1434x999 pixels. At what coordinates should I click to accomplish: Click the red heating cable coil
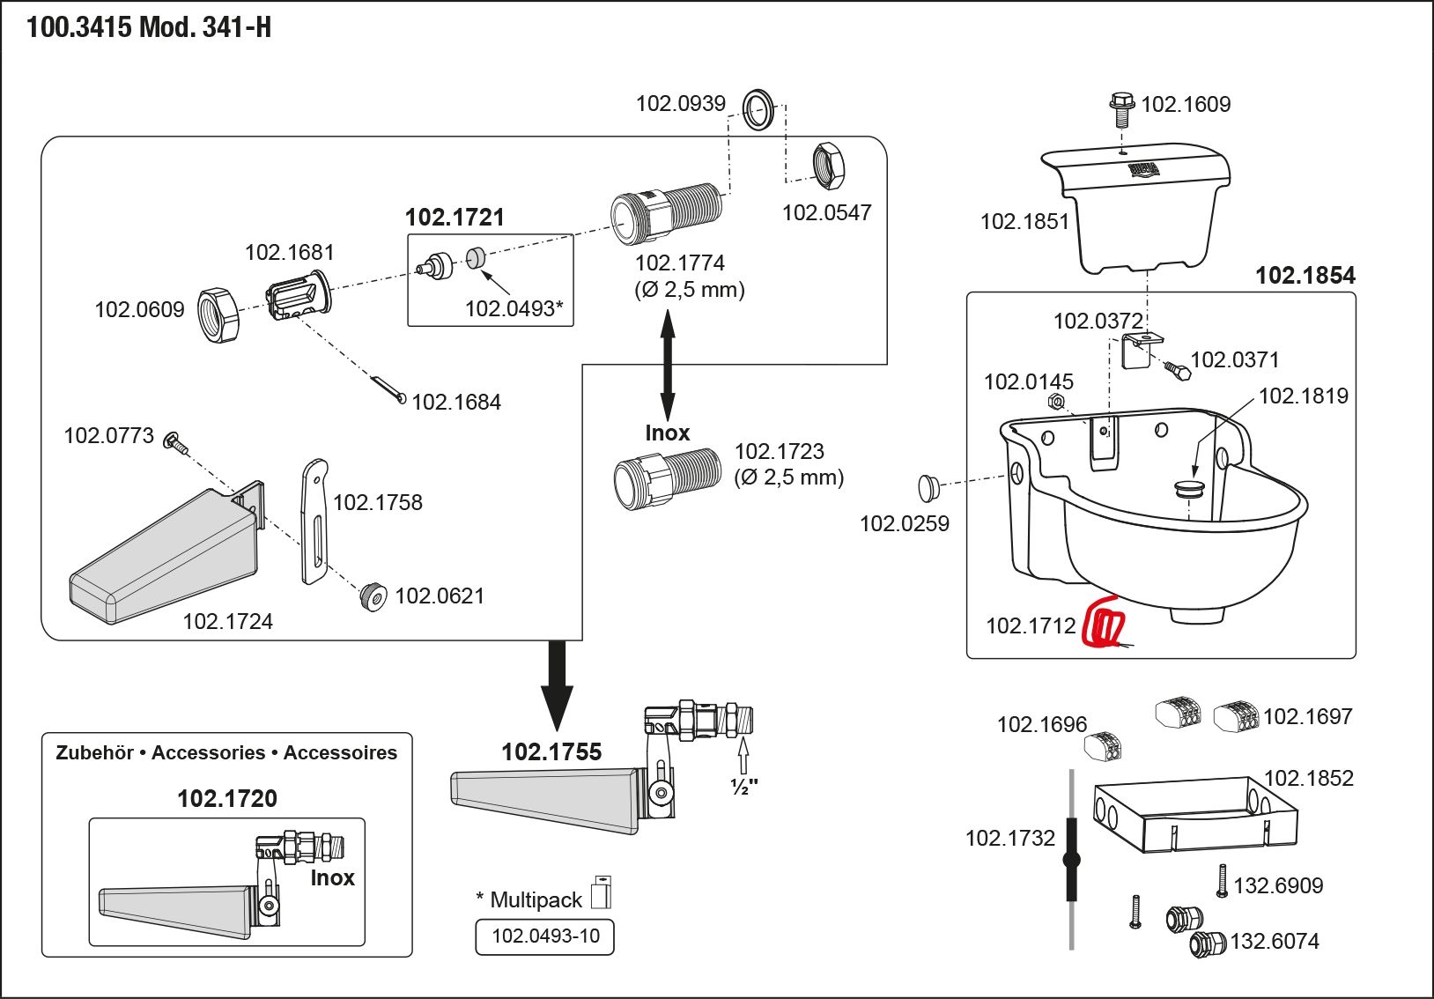click(x=1105, y=624)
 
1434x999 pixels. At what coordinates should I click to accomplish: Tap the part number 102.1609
click(x=1186, y=105)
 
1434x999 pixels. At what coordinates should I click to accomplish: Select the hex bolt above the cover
click(x=1121, y=108)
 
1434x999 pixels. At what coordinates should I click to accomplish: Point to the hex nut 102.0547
click(x=828, y=165)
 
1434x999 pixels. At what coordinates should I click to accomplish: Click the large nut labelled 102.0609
click(x=218, y=314)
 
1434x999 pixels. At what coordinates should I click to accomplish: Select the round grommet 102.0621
click(x=373, y=596)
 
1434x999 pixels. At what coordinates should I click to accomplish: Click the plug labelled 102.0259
click(x=928, y=486)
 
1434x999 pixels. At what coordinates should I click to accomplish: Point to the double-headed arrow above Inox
click(x=668, y=365)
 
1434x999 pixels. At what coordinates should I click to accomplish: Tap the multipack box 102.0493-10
click(x=544, y=936)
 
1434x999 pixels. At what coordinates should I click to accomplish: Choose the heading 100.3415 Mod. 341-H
click(x=149, y=28)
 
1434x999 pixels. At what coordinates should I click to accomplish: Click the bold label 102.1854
click(x=1305, y=276)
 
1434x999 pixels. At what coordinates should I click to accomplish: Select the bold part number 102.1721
click(x=455, y=218)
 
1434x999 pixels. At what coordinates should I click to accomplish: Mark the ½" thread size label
click(x=744, y=786)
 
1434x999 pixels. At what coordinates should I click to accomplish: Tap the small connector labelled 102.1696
click(x=1104, y=745)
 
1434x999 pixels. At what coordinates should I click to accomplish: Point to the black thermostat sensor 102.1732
click(x=1071, y=859)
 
